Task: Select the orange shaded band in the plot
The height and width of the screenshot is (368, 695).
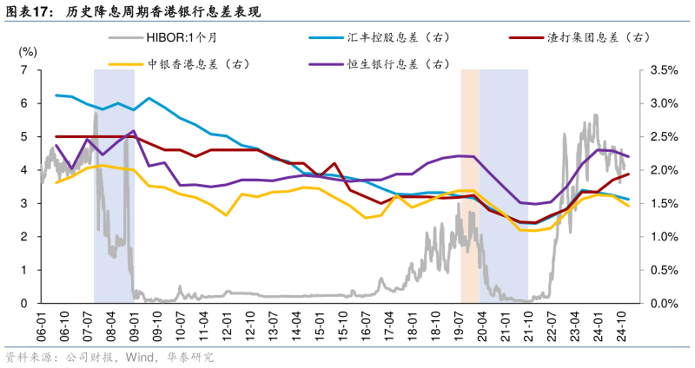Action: click(469, 186)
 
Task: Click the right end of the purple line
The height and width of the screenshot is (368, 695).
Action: click(628, 156)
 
